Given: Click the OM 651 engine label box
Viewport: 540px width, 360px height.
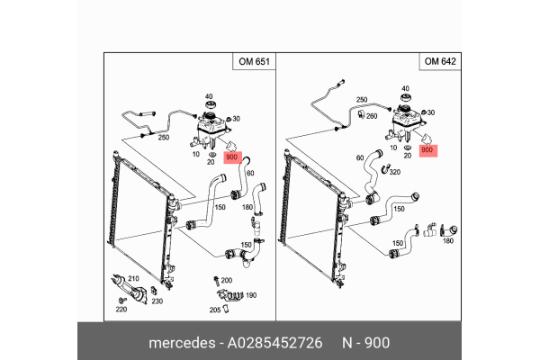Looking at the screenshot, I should (252, 62).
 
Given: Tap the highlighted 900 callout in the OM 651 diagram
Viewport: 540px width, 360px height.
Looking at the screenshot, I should (232, 157).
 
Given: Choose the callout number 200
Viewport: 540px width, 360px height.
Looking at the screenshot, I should (226, 280).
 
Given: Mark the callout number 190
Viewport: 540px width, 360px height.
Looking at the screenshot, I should (251, 295).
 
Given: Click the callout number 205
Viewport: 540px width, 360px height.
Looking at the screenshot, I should (214, 310).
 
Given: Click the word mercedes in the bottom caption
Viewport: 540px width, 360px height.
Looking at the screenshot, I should (180, 344).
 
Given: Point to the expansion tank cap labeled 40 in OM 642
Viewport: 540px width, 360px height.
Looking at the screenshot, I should (405, 103).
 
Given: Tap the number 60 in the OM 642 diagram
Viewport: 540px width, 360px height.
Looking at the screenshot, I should (360, 157).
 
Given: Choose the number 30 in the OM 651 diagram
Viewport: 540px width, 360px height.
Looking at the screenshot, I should (236, 118).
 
